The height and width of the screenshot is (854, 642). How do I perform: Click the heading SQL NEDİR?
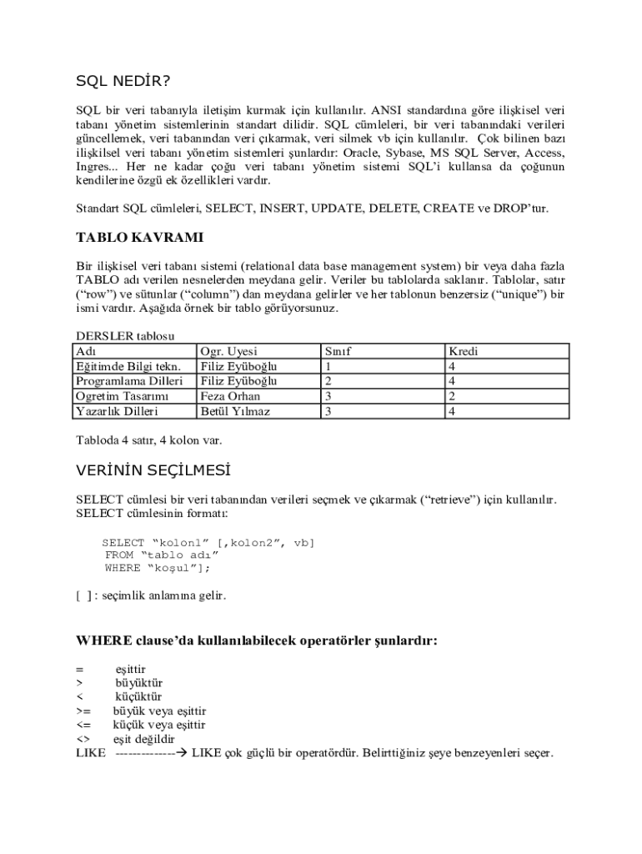(x=123, y=81)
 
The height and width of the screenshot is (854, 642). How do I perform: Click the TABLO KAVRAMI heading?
(x=139, y=238)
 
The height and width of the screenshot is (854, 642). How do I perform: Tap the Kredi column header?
(x=463, y=352)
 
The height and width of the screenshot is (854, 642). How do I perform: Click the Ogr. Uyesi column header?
(x=229, y=352)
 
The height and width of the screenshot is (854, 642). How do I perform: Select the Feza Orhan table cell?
(x=230, y=396)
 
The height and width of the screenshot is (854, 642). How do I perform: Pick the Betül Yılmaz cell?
(x=235, y=411)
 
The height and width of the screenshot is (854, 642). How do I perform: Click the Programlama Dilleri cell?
(x=129, y=381)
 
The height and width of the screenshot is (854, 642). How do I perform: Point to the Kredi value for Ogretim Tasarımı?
(x=451, y=396)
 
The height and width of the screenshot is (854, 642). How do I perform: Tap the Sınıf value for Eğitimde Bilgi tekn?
(x=329, y=367)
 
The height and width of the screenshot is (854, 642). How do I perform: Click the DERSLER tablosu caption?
(x=125, y=336)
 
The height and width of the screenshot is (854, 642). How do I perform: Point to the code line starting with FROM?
(x=162, y=554)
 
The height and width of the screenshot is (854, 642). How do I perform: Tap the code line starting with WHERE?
(x=158, y=568)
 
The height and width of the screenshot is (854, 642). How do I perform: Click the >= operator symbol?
(x=83, y=711)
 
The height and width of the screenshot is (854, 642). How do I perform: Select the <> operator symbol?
(x=83, y=740)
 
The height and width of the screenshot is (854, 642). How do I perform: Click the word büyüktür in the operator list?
(x=139, y=683)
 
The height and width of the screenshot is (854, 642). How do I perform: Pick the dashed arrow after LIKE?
(x=150, y=753)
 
